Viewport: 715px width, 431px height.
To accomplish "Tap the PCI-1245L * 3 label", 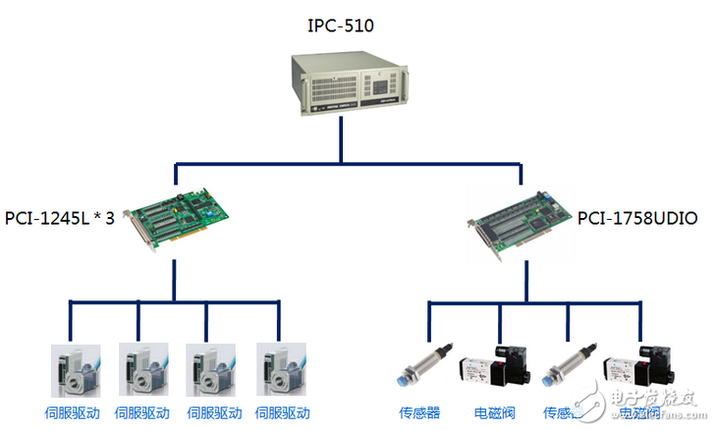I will [x=60, y=217].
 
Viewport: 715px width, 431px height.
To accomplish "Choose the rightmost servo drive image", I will [x=281, y=370].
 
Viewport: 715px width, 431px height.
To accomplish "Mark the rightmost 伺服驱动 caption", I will [x=283, y=412].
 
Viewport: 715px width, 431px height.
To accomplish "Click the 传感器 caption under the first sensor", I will [x=419, y=413].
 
